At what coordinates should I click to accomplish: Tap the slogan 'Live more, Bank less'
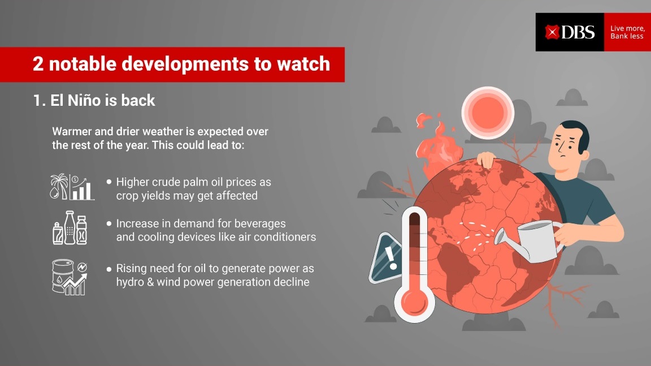click(x=627, y=32)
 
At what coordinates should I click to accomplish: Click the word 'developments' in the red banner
click(x=185, y=64)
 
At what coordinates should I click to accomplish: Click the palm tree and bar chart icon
click(x=72, y=187)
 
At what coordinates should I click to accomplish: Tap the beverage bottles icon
click(x=70, y=227)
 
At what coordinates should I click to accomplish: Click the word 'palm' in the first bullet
click(x=210, y=182)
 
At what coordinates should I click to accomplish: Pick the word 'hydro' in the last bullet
click(x=129, y=282)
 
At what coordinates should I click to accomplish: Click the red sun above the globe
click(x=488, y=113)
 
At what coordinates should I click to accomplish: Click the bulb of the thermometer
click(x=414, y=302)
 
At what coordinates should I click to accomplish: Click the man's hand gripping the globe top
click(x=486, y=159)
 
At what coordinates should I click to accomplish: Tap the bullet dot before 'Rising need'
click(x=108, y=269)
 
